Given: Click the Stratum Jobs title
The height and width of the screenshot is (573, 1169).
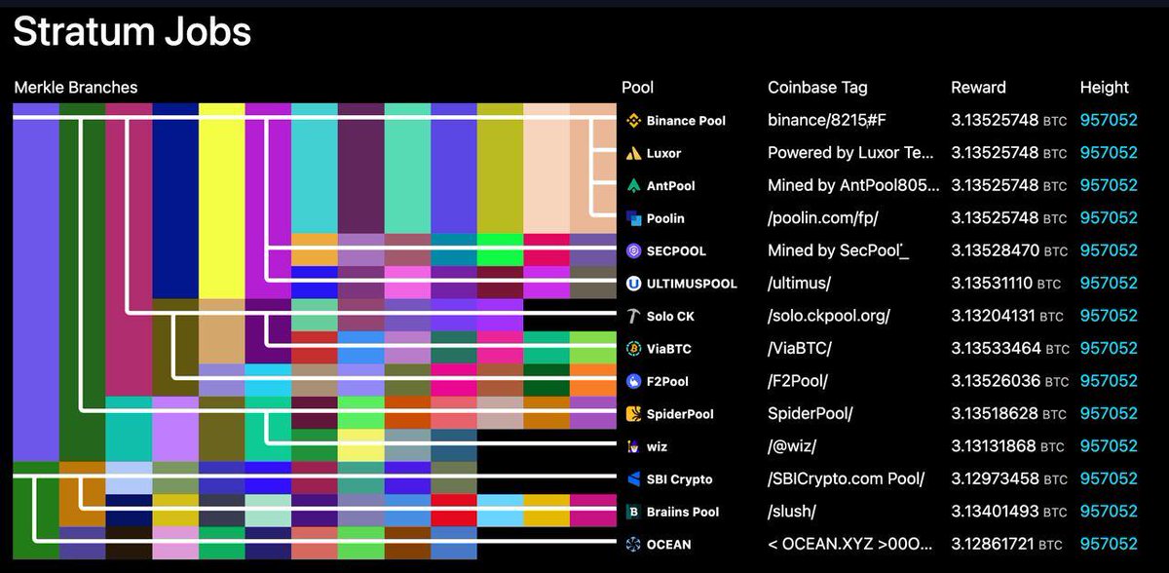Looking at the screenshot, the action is click(x=132, y=32).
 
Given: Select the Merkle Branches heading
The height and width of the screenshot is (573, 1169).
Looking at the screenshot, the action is click(x=76, y=87).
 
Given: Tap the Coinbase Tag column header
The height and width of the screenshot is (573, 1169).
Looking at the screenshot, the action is click(x=817, y=87).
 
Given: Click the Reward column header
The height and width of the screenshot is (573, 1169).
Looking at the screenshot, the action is click(x=978, y=87).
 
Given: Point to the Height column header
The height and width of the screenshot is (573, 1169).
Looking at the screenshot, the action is click(x=1105, y=87).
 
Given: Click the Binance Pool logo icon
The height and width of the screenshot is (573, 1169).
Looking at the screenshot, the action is click(x=633, y=121).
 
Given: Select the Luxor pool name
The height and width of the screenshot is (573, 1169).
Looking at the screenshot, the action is click(x=663, y=153).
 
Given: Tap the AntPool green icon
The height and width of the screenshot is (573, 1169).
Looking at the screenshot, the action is click(x=633, y=186).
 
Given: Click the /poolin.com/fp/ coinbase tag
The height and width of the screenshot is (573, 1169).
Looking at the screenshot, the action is click(x=823, y=217).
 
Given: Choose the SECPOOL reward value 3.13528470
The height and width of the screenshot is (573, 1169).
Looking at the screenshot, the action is click(x=995, y=250).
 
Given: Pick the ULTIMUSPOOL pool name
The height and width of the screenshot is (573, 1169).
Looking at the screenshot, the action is click(x=692, y=284).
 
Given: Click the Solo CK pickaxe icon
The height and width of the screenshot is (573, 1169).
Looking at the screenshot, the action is click(x=633, y=316).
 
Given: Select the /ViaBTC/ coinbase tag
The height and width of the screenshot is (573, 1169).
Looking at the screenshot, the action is click(x=800, y=348).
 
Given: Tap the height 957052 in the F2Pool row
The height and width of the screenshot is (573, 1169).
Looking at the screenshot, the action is click(x=1109, y=381).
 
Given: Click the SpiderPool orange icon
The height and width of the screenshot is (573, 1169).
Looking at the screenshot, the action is click(x=633, y=414).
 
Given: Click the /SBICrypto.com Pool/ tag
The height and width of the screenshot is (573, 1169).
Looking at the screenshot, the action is click(x=846, y=478).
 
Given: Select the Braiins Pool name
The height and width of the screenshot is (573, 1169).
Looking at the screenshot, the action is click(x=683, y=512).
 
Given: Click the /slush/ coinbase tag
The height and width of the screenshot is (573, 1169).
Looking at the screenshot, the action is click(x=792, y=511).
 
